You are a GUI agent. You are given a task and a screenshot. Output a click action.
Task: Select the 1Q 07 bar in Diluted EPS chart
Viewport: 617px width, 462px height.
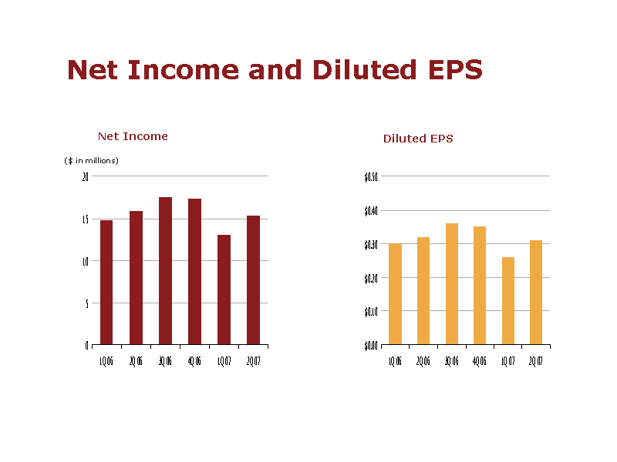pos(508,300)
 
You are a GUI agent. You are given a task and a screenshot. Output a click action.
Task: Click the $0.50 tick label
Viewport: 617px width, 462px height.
pos(370,176)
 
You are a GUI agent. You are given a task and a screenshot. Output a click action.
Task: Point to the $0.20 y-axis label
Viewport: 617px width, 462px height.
pos(370,278)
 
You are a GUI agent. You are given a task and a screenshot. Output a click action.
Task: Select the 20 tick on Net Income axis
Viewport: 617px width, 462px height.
pos(85,176)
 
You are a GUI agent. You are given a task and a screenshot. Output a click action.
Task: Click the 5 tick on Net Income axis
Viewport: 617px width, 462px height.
pos(86,303)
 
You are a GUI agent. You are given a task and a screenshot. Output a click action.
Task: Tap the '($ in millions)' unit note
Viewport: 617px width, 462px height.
pos(91,160)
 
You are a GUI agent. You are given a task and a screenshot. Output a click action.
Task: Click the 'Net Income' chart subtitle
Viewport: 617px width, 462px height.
pos(133,136)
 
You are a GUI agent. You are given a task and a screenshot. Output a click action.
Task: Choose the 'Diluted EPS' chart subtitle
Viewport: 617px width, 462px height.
pos(418,139)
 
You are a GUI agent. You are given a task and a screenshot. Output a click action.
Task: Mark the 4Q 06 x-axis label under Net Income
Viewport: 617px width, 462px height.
pos(194,361)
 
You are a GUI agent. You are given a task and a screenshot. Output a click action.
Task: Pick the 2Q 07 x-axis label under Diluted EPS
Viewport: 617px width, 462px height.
pos(535,361)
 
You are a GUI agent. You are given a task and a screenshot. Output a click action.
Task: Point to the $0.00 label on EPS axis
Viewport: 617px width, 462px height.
pos(370,345)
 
